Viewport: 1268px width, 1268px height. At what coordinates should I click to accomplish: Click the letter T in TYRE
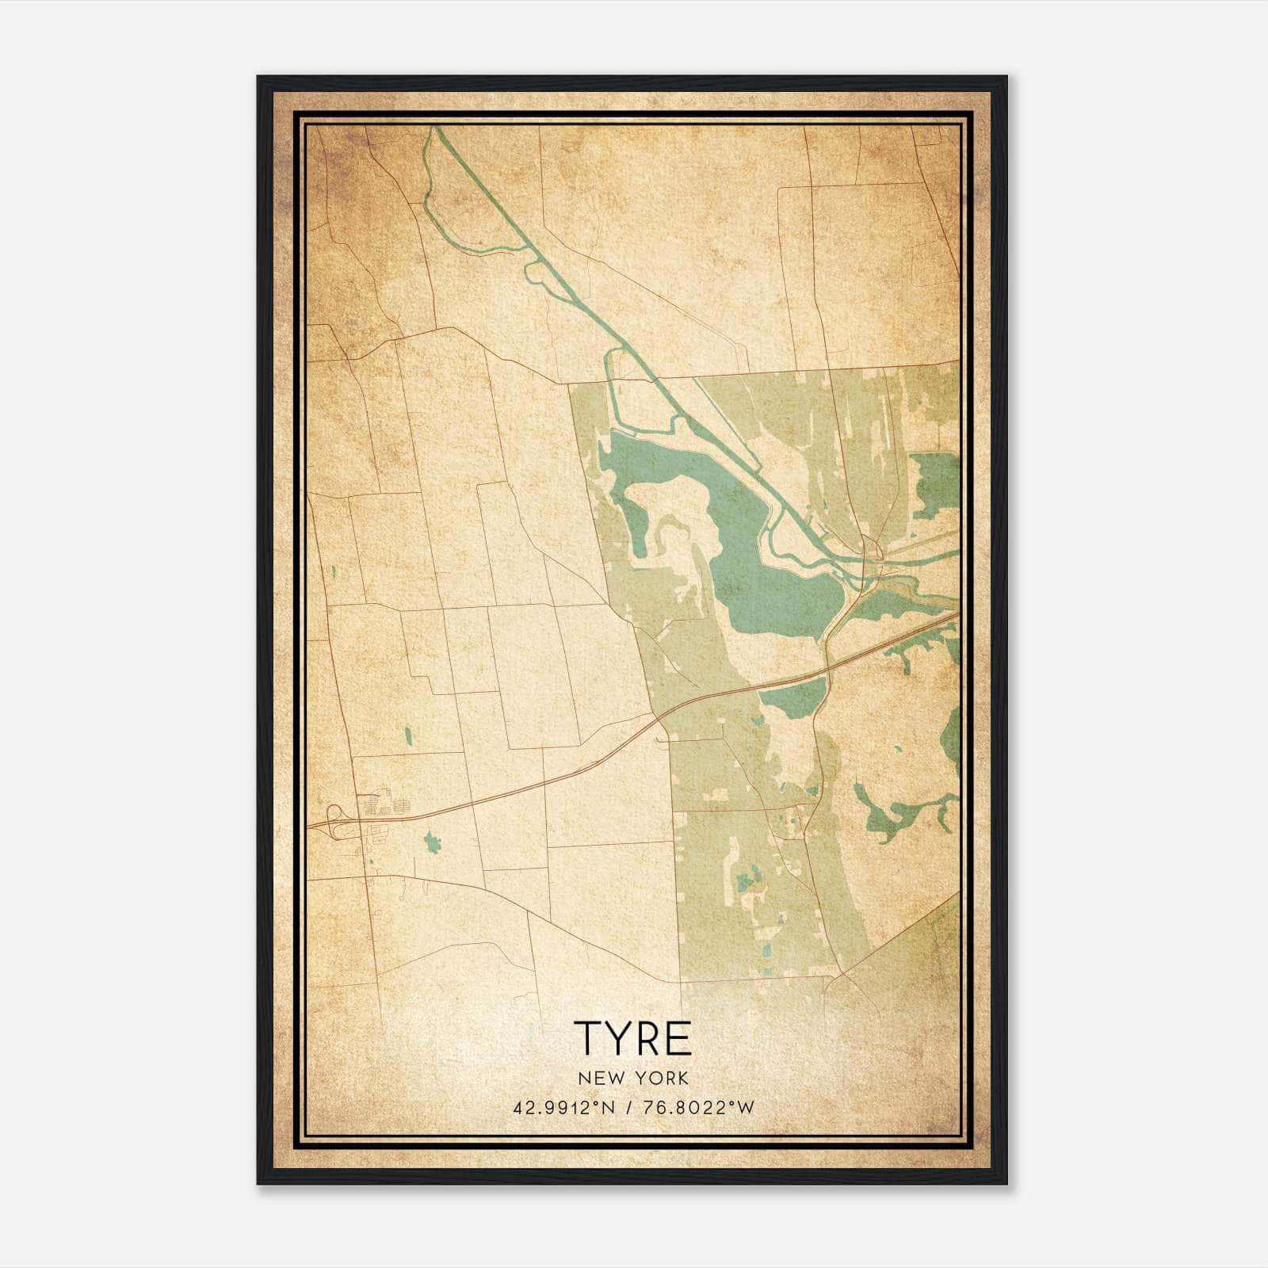[588, 1039]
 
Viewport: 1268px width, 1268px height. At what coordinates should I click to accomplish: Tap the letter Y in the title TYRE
[621, 1039]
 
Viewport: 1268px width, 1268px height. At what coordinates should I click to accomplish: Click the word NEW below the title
[594, 1078]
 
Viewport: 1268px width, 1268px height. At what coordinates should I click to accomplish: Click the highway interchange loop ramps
[338, 820]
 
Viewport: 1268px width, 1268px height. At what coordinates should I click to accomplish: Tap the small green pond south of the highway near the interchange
[431, 842]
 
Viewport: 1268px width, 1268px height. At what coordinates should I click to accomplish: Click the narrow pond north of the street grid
[408, 736]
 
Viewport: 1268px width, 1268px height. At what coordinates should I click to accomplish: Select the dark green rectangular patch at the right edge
[937, 483]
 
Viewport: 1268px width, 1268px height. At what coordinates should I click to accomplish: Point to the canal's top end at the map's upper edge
[433, 129]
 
